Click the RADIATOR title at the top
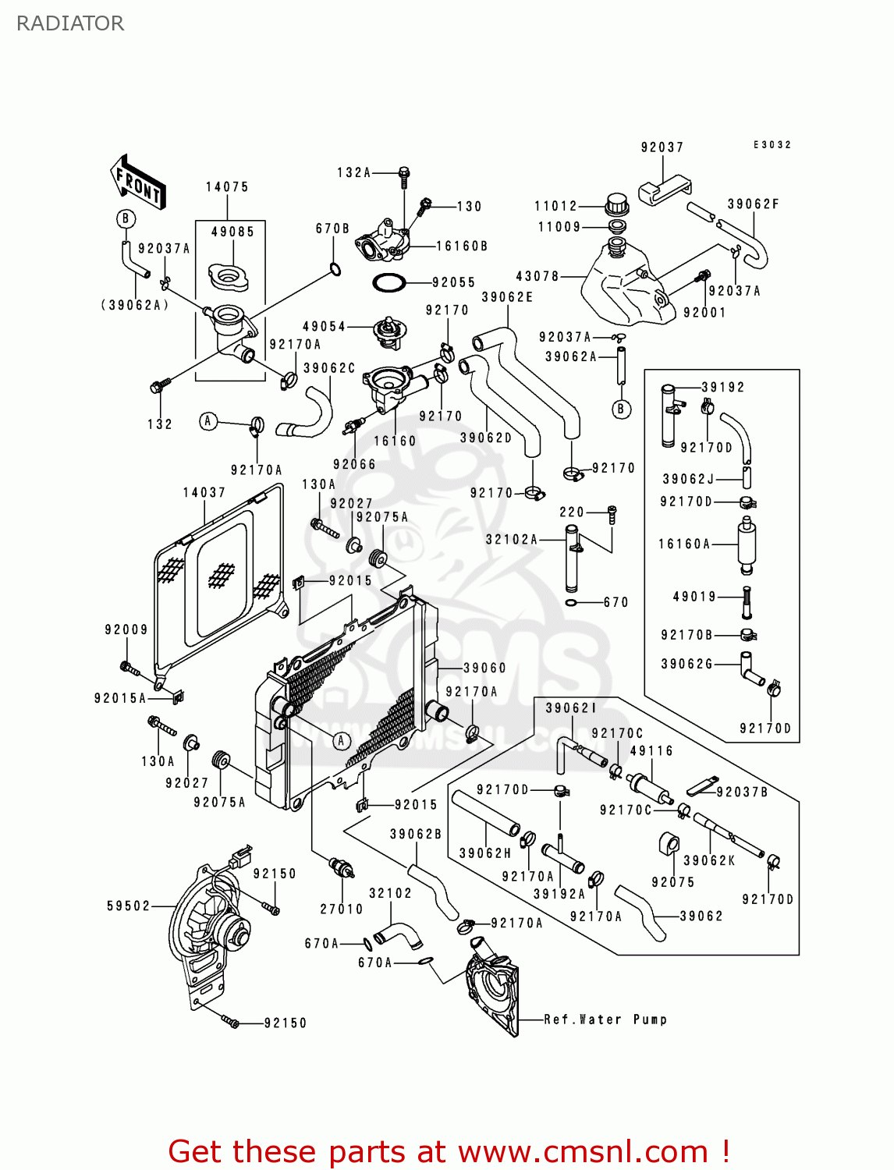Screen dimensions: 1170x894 pyautogui.click(x=70, y=23)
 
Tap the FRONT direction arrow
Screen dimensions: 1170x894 pyautogui.click(x=138, y=183)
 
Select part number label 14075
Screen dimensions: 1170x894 pyautogui.click(x=227, y=187)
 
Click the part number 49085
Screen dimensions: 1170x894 pyautogui.click(x=232, y=232)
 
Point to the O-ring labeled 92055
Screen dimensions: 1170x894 pyautogui.click(x=388, y=282)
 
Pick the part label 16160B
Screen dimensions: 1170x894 pyautogui.click(x=462, y=246)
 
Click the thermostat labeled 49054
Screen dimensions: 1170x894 pyautogui.click(x=387, y=330)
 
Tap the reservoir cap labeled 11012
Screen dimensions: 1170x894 pyautogui.click(x=617, y=204)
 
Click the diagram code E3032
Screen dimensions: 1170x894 pyautogui.click(x=772, y=145)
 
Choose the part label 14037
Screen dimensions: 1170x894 pyautogui.click(x=204, y=493)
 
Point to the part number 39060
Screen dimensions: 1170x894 pyautogui.click(x=484, y=668)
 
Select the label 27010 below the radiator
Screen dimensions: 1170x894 pyautogui.click(x=342, y=909)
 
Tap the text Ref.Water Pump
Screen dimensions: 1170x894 pyautogui.click(x=605, y=1019)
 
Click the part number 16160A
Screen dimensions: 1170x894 pyautogui.click(x=685, y=544)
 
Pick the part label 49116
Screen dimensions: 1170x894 pyautogui.click(x=651, y=751)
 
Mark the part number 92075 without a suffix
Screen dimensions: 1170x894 pyautogui.click(x=673, y=882)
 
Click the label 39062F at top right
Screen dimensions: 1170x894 pyautogui.click(x=754, y=204)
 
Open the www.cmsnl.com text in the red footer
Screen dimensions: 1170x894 pyautogui.click(x=583, y=1152)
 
